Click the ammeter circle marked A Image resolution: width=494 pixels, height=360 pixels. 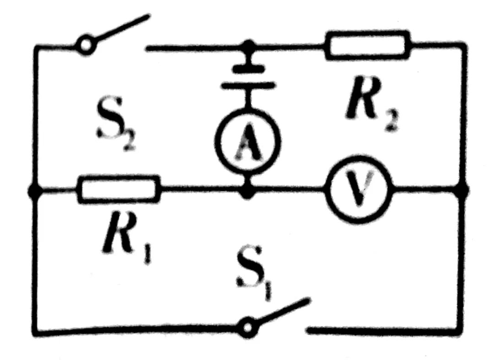247,141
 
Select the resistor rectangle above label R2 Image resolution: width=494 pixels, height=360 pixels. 367,45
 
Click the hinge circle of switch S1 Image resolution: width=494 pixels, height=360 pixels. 247,328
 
